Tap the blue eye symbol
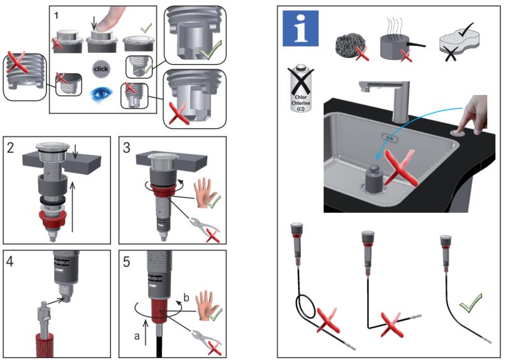pyautogui.click(x=101, y=94)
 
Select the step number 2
pyautogui.click(x=11, y=148)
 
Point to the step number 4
pyautogui.click(x=11, y=261)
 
